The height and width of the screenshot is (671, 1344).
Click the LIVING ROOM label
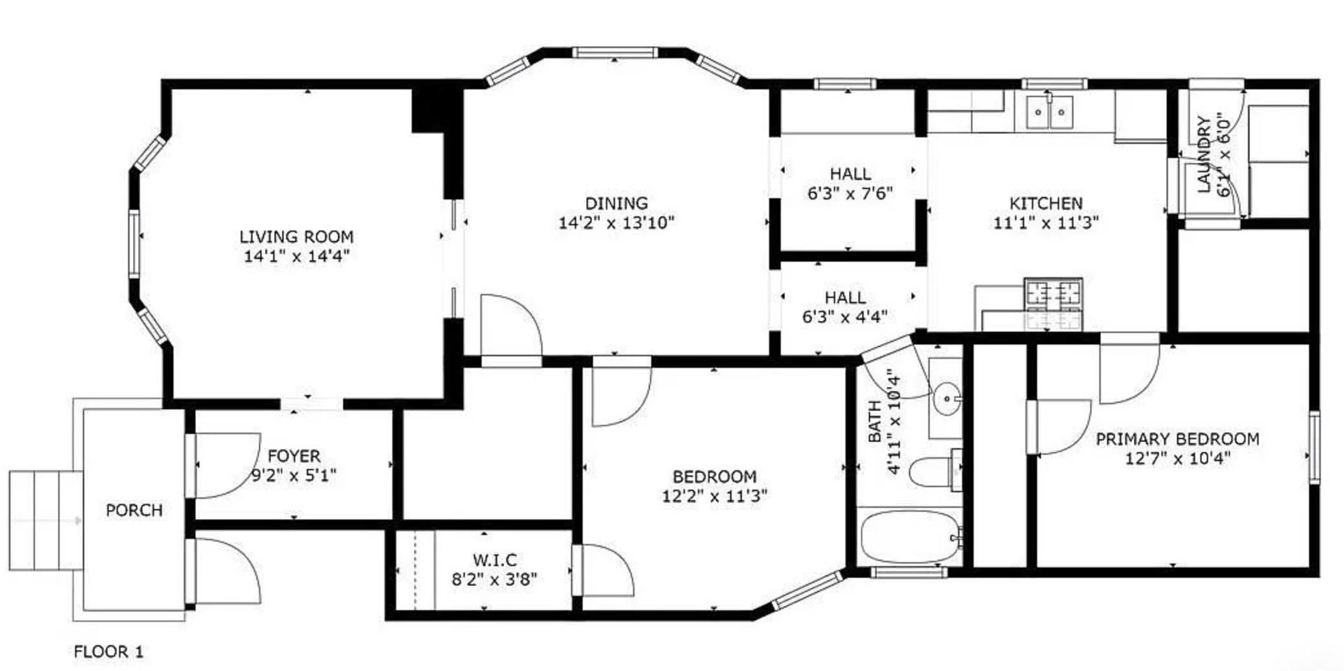point(296,237)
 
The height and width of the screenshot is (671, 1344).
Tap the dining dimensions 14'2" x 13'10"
point(616,223)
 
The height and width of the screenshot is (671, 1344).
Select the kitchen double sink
point(1049,112)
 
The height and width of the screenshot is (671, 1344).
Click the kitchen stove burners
point(1053,293)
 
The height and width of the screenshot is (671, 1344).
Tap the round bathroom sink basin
point(946,399)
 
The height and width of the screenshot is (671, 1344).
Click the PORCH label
point(134,510)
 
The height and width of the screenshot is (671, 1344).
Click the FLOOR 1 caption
point(108,651)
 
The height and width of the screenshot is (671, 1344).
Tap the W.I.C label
point(494,560)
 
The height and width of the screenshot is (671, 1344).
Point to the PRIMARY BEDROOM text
point(1177,439)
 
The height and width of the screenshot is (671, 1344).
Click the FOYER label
point(294,456)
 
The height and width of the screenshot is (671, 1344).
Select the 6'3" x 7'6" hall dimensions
point(850,193)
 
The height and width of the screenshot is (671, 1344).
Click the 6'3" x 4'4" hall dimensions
point(845,317)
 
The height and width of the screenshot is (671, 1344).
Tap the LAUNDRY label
point(1204,154)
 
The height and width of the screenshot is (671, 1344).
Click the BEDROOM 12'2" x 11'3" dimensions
point(714,496)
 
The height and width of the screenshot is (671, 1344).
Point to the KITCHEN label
point(1046,204)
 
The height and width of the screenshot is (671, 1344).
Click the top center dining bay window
point(615,52)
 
